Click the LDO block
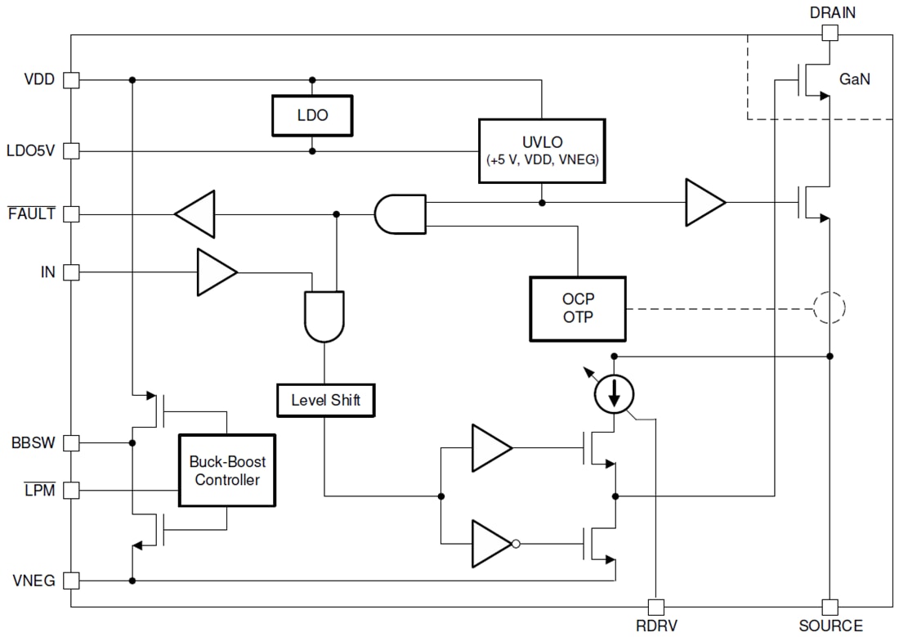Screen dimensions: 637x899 [311, 115]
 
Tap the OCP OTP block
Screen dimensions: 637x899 [578, 308]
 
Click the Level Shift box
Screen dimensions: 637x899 [325, 401]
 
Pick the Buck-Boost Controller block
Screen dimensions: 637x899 [227, 470]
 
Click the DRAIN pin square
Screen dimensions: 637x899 [830, 33]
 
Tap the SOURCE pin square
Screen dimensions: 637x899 [830, 607]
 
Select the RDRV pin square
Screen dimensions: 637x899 [655, 607]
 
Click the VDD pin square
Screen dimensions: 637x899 [71, 80]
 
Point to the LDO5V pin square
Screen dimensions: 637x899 [71, 151]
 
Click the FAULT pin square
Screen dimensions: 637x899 [71, 214]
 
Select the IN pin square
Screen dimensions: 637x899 [71, 271]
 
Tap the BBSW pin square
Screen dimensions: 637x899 [71, 443]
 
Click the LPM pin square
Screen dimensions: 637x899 [71, 491]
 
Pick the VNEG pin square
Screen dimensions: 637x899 [71, 581]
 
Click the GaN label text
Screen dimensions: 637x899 [855, 79]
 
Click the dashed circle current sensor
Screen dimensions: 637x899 [829, 308]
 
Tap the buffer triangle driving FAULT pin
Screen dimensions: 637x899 [196, 214]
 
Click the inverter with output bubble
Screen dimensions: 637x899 [493, 544]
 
